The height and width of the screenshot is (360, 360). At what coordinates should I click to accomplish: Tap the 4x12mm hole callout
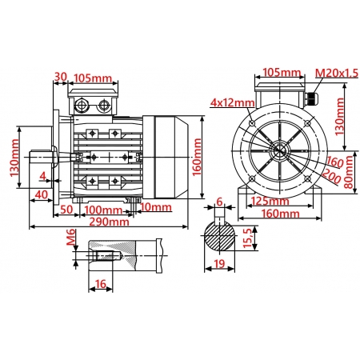tap(233, 102)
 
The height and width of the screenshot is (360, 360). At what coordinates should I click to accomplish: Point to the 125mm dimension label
tap(267, 201)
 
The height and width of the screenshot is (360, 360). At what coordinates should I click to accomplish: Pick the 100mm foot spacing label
tap(103, 210)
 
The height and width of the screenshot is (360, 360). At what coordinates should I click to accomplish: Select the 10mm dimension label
tap(155, 208)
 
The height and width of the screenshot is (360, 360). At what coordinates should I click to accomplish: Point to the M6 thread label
tap(70, 237)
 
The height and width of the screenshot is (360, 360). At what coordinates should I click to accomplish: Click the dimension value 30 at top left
tap(60, 78)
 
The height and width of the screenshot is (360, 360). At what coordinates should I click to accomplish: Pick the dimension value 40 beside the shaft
tap(40, 194)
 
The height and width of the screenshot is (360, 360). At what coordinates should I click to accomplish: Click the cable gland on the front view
tap(310, 102)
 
